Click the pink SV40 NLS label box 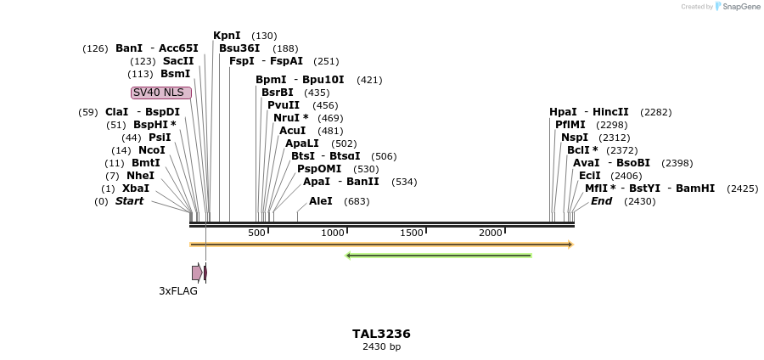click(x=160, y=93)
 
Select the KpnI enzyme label click(x=227, y=36)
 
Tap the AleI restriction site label click(x=321, y=201)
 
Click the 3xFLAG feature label click(x=178, y=291)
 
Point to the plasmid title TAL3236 click(x=381, y=334)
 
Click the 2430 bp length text click(x=381, y=346)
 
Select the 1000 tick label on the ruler click(x=333, y=233)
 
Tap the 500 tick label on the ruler click(x=257, y=233)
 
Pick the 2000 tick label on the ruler click(x=491, y=233)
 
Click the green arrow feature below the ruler click(x=438, y=255)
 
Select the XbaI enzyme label click(x=136, y=188)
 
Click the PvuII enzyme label click(x=284, y=105)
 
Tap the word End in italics click(x=601, y=201)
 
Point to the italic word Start click(x=129, y=201)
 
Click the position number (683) click(x=357, y=201)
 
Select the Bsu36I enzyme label click(x=239, y=48)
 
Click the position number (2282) click(x=655, y=112)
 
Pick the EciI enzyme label click(x=589, y=176)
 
